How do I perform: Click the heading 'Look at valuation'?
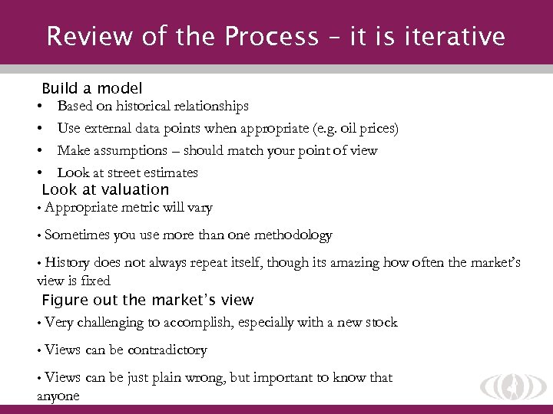[x=105, y=189]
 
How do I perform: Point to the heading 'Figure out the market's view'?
[x=147, y=300]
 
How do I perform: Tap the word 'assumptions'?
[x=131, y=151]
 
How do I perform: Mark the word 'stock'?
[x=381, y=323]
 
